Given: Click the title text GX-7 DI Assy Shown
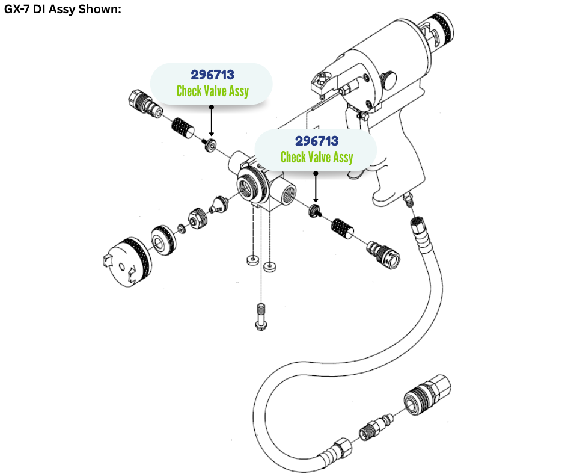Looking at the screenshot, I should pyautogui.click(x=63, y=10).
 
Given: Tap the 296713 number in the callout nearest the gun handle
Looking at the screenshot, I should pyautogui.click(x=317, y=141).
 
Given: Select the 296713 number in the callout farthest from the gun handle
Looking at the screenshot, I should pyautogui.click(x=212, y=75).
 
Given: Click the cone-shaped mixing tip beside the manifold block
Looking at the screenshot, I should pyautogui.click(x=217, y=204).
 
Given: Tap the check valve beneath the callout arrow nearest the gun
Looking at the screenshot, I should pyautogui.click(x=314, y=211).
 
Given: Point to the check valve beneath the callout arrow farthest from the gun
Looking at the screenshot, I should pyautogui.click(x=210, y=146).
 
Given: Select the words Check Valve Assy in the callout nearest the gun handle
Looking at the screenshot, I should pyautogui.click(x=317, y=157).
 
